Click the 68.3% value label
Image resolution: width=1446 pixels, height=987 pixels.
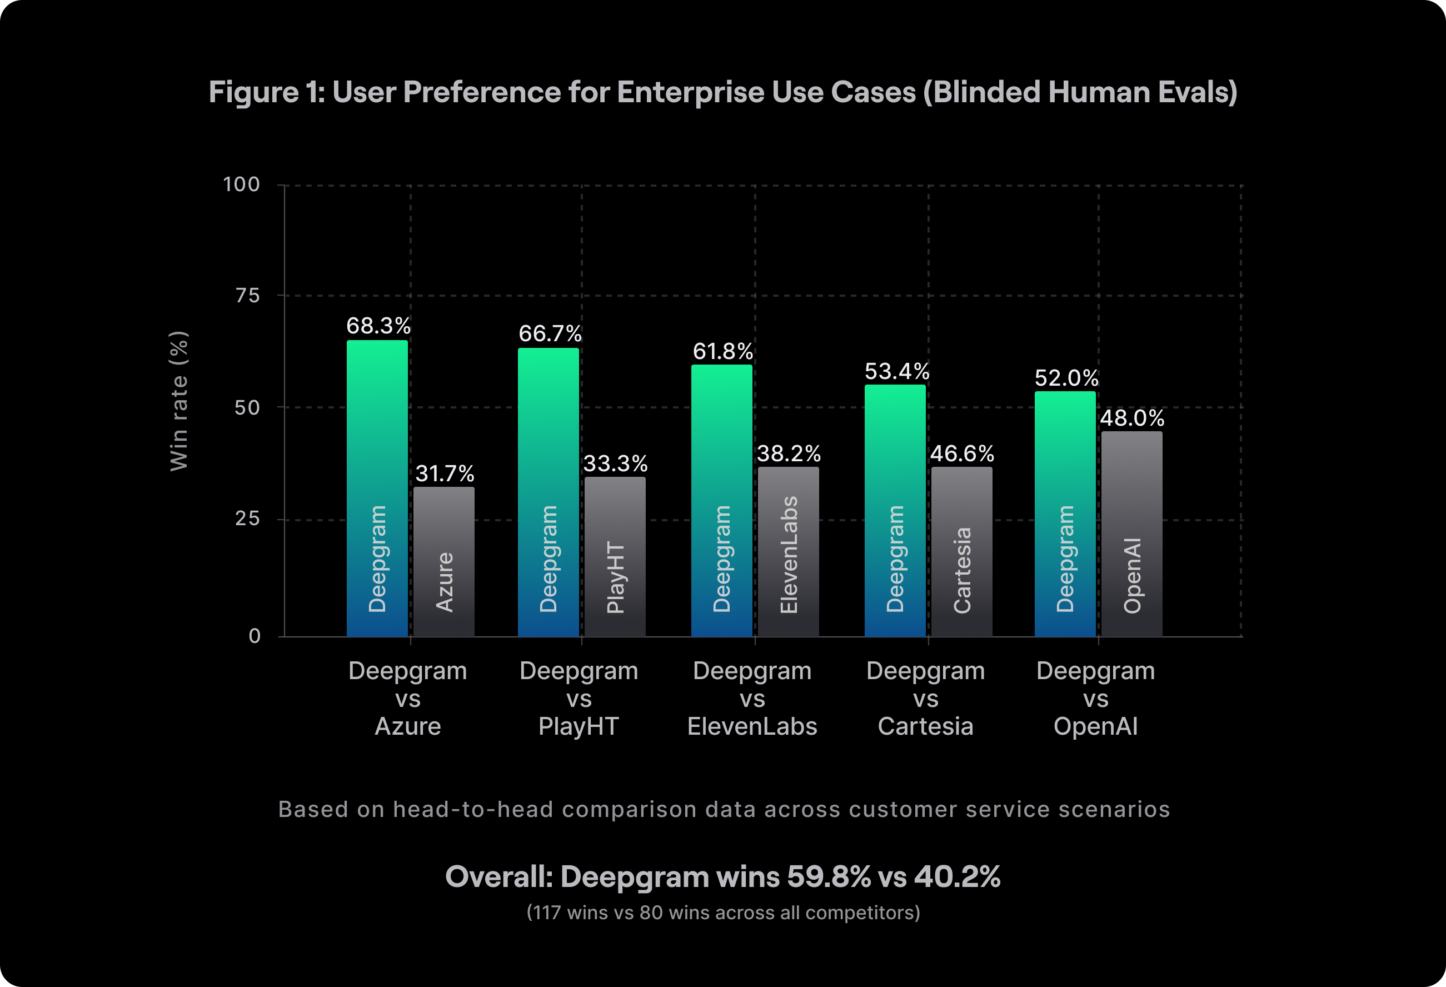pyautogui.click(x=378, y=326)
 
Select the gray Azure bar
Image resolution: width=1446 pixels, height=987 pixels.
pyautogui.click(x=443, y=561)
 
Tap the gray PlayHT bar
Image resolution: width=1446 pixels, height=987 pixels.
pyautogui.click(x=615, y=556)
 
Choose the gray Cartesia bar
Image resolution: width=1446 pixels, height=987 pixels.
pyautogui.click(x=961, y=551)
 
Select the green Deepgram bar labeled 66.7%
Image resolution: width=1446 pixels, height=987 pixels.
pyautogui.click(x=548, y=492)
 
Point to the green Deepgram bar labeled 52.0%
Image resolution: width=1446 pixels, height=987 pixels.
pyautogui.click(x=1065, y=514)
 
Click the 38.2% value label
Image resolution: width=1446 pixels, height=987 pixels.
pyautogui.click(x=789, y=453)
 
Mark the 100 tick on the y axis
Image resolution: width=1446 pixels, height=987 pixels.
pyautogui.click(x=241, y=184)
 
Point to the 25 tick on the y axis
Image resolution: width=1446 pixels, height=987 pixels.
pyautogui.click(x=247, y=519)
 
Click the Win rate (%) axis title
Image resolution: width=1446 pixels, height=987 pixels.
pyautogui.click(x=178, y=401)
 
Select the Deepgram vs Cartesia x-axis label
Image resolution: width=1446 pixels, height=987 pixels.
pyautogui.click(x=925, y=698)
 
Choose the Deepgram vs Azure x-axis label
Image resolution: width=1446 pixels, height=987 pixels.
pyautogui.click(x=407, y=698)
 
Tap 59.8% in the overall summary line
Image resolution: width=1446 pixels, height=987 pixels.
pyautogui.click(x=829, y=876)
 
